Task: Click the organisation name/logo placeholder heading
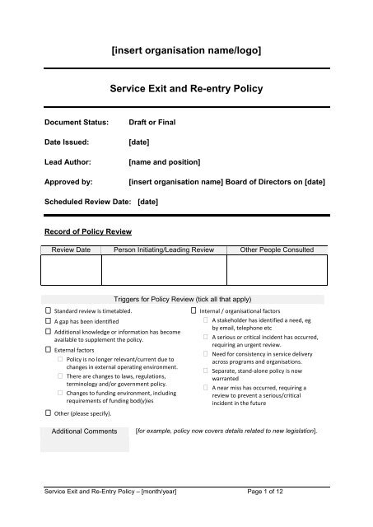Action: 186,51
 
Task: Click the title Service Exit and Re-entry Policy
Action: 186,86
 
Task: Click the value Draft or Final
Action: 152,122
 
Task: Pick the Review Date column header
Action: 71,249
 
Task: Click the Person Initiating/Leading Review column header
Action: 163,249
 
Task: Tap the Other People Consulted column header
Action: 276,249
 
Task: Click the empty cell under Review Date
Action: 71,271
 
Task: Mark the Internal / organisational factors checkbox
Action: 193,311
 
